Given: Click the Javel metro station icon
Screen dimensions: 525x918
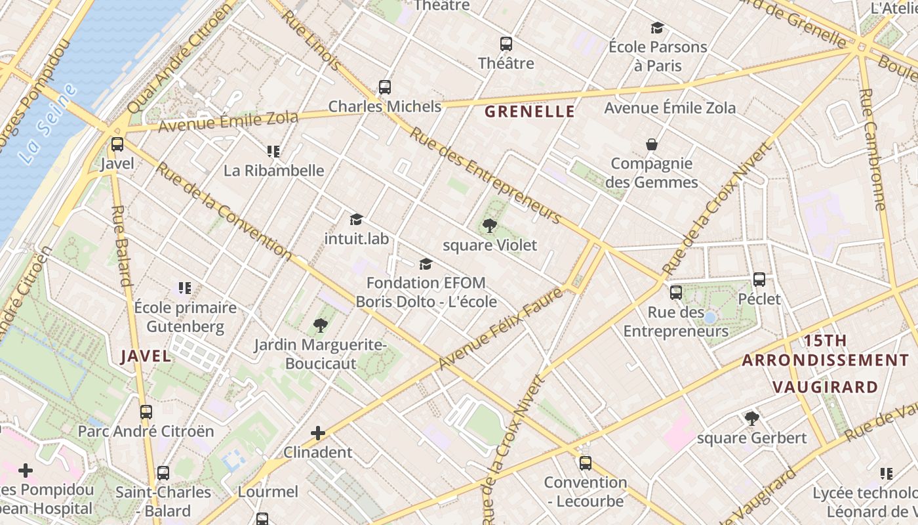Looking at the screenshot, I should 117,144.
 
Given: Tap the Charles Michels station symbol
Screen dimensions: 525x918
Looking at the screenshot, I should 385,87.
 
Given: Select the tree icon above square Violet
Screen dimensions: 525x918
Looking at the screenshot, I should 489,226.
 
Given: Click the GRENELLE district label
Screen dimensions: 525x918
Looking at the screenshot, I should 529,112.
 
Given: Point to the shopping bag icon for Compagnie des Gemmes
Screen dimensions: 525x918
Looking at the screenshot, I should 652,144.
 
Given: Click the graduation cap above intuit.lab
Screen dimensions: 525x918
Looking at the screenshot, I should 356,219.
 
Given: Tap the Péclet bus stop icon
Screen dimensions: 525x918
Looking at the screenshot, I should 759,280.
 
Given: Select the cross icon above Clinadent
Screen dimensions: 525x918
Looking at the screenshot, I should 318,433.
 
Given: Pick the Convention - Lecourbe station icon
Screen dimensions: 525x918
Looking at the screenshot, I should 586,463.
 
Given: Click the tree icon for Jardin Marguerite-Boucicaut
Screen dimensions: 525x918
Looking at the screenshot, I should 320,325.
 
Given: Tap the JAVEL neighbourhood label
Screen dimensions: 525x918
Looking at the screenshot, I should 146,356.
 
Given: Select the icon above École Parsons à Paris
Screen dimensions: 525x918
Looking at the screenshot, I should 657,28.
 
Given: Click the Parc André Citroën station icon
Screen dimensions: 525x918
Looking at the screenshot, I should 146,412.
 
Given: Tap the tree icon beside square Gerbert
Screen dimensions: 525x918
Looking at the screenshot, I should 751,418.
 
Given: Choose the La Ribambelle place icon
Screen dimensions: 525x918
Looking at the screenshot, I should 273,152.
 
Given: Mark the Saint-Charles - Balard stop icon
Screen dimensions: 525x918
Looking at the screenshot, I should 163,472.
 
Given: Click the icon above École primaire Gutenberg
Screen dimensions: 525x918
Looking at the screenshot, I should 185,287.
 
